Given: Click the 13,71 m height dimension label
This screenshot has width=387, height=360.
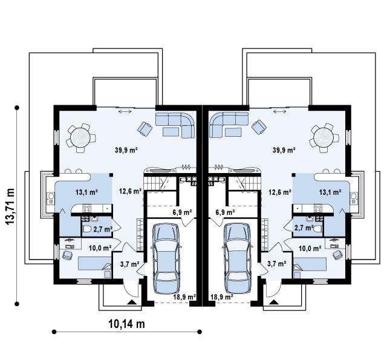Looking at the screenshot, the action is click(x=10, y=207).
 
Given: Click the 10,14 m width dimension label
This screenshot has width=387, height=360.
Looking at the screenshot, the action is click(x=126, y=324).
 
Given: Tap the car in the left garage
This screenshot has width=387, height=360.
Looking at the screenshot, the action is click(x=166, y=258).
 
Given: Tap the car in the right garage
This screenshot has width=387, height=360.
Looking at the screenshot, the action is click(x=238, y=258).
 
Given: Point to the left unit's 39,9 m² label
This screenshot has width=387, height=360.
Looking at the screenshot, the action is click(x=126, y=150).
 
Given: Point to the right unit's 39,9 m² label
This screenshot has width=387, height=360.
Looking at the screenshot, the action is click(x=284, y=150).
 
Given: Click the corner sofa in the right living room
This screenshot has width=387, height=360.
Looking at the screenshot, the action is click(x=229, y=125).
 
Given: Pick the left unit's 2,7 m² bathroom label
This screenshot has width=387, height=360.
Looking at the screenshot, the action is click(x=103, y=229).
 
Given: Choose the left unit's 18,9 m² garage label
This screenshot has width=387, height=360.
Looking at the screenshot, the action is click(x=184, y=297).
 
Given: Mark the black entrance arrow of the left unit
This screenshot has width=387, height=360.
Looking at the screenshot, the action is click(x=131, y=302).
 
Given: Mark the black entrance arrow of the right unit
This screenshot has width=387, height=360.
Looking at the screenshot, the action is click(x=273, y=302).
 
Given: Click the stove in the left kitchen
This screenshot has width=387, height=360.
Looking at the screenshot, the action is click(x=86, y=208).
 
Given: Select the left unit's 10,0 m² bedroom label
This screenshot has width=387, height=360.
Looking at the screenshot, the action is click(x=100, y=248).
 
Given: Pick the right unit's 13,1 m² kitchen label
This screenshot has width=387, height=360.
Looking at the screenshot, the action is click(x=330, y=192).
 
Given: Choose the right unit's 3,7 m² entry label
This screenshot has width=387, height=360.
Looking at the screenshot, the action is click(x=277, y=264).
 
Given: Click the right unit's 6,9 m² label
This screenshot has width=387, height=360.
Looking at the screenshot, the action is click(x=225, y=212).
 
